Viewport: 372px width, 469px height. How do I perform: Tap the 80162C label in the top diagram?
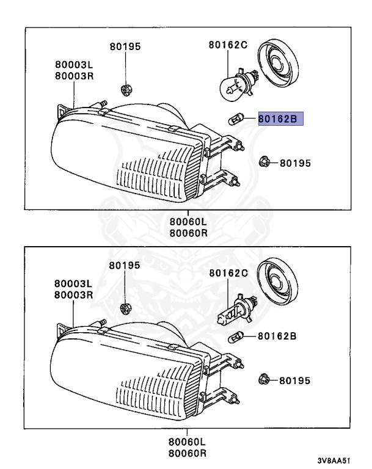tap(228, 45)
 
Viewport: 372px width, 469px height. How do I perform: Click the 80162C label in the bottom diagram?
tap(228, 273)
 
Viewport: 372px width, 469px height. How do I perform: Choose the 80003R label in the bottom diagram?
tap(73, 294)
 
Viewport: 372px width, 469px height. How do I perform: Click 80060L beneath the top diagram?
tap(188, 222)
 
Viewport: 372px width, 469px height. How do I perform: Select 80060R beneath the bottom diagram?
tap(188, 453)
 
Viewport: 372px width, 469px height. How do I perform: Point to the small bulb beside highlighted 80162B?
tap(236, 119)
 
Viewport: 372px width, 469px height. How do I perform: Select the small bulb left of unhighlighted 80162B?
tap(236, 335)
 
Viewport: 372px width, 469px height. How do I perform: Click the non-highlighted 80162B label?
tap(277, 335)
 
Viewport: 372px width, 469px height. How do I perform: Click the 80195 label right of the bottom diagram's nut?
tap(295, 380)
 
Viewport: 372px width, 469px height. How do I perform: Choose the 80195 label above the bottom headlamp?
tap(125, 266)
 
